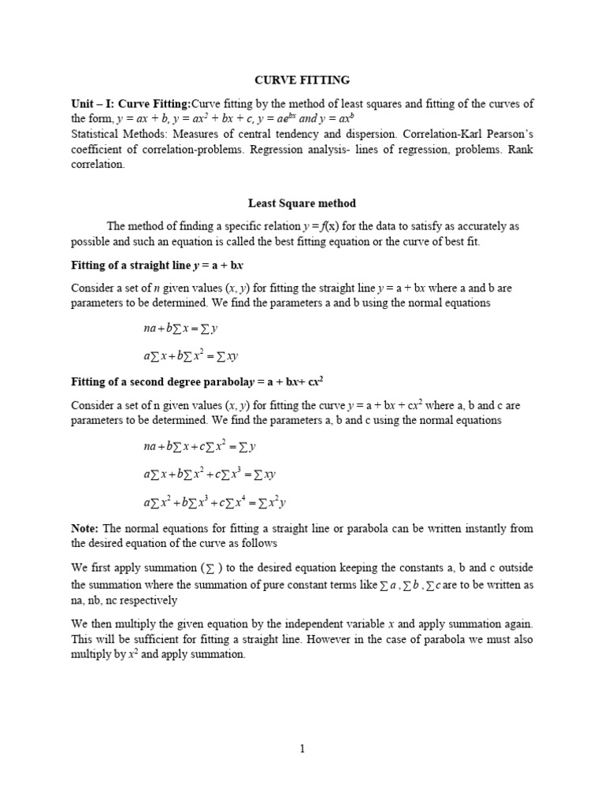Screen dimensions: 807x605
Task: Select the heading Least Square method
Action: [x=302, y=203]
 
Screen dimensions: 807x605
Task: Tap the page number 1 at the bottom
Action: [x=302, y=749]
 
